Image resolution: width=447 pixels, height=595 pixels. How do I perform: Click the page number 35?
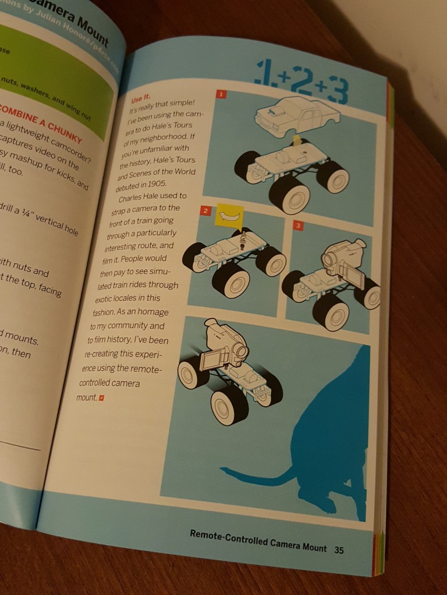click(x=339, y=550)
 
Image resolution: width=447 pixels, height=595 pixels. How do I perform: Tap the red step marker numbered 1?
click(x=221, y=93)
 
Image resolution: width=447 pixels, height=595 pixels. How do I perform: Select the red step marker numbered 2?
click(x=205, y=210)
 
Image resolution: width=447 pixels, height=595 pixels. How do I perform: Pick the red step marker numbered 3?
click(x=297, y=225)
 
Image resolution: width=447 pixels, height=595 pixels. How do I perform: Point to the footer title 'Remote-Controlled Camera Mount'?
click(x=258, y=540)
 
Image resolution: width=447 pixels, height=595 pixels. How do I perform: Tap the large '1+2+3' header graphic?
click(x=303, y=82)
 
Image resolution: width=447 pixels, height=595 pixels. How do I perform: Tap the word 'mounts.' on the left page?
click(x=18, y=337)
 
